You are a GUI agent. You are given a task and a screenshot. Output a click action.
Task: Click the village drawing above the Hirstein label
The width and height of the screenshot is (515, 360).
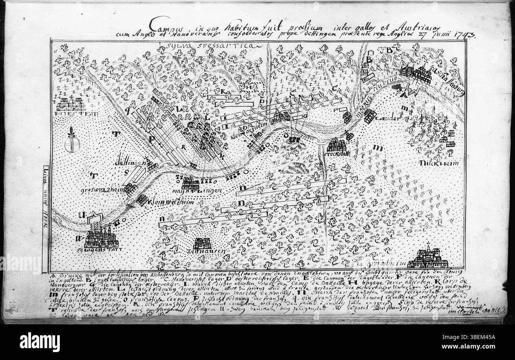click(x=71, y=104)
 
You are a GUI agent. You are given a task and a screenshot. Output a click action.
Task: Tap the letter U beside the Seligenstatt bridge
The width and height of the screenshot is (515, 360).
click(x=82, y=215)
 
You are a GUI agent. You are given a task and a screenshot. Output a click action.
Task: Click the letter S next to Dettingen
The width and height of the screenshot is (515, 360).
click(x=127, y=172)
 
